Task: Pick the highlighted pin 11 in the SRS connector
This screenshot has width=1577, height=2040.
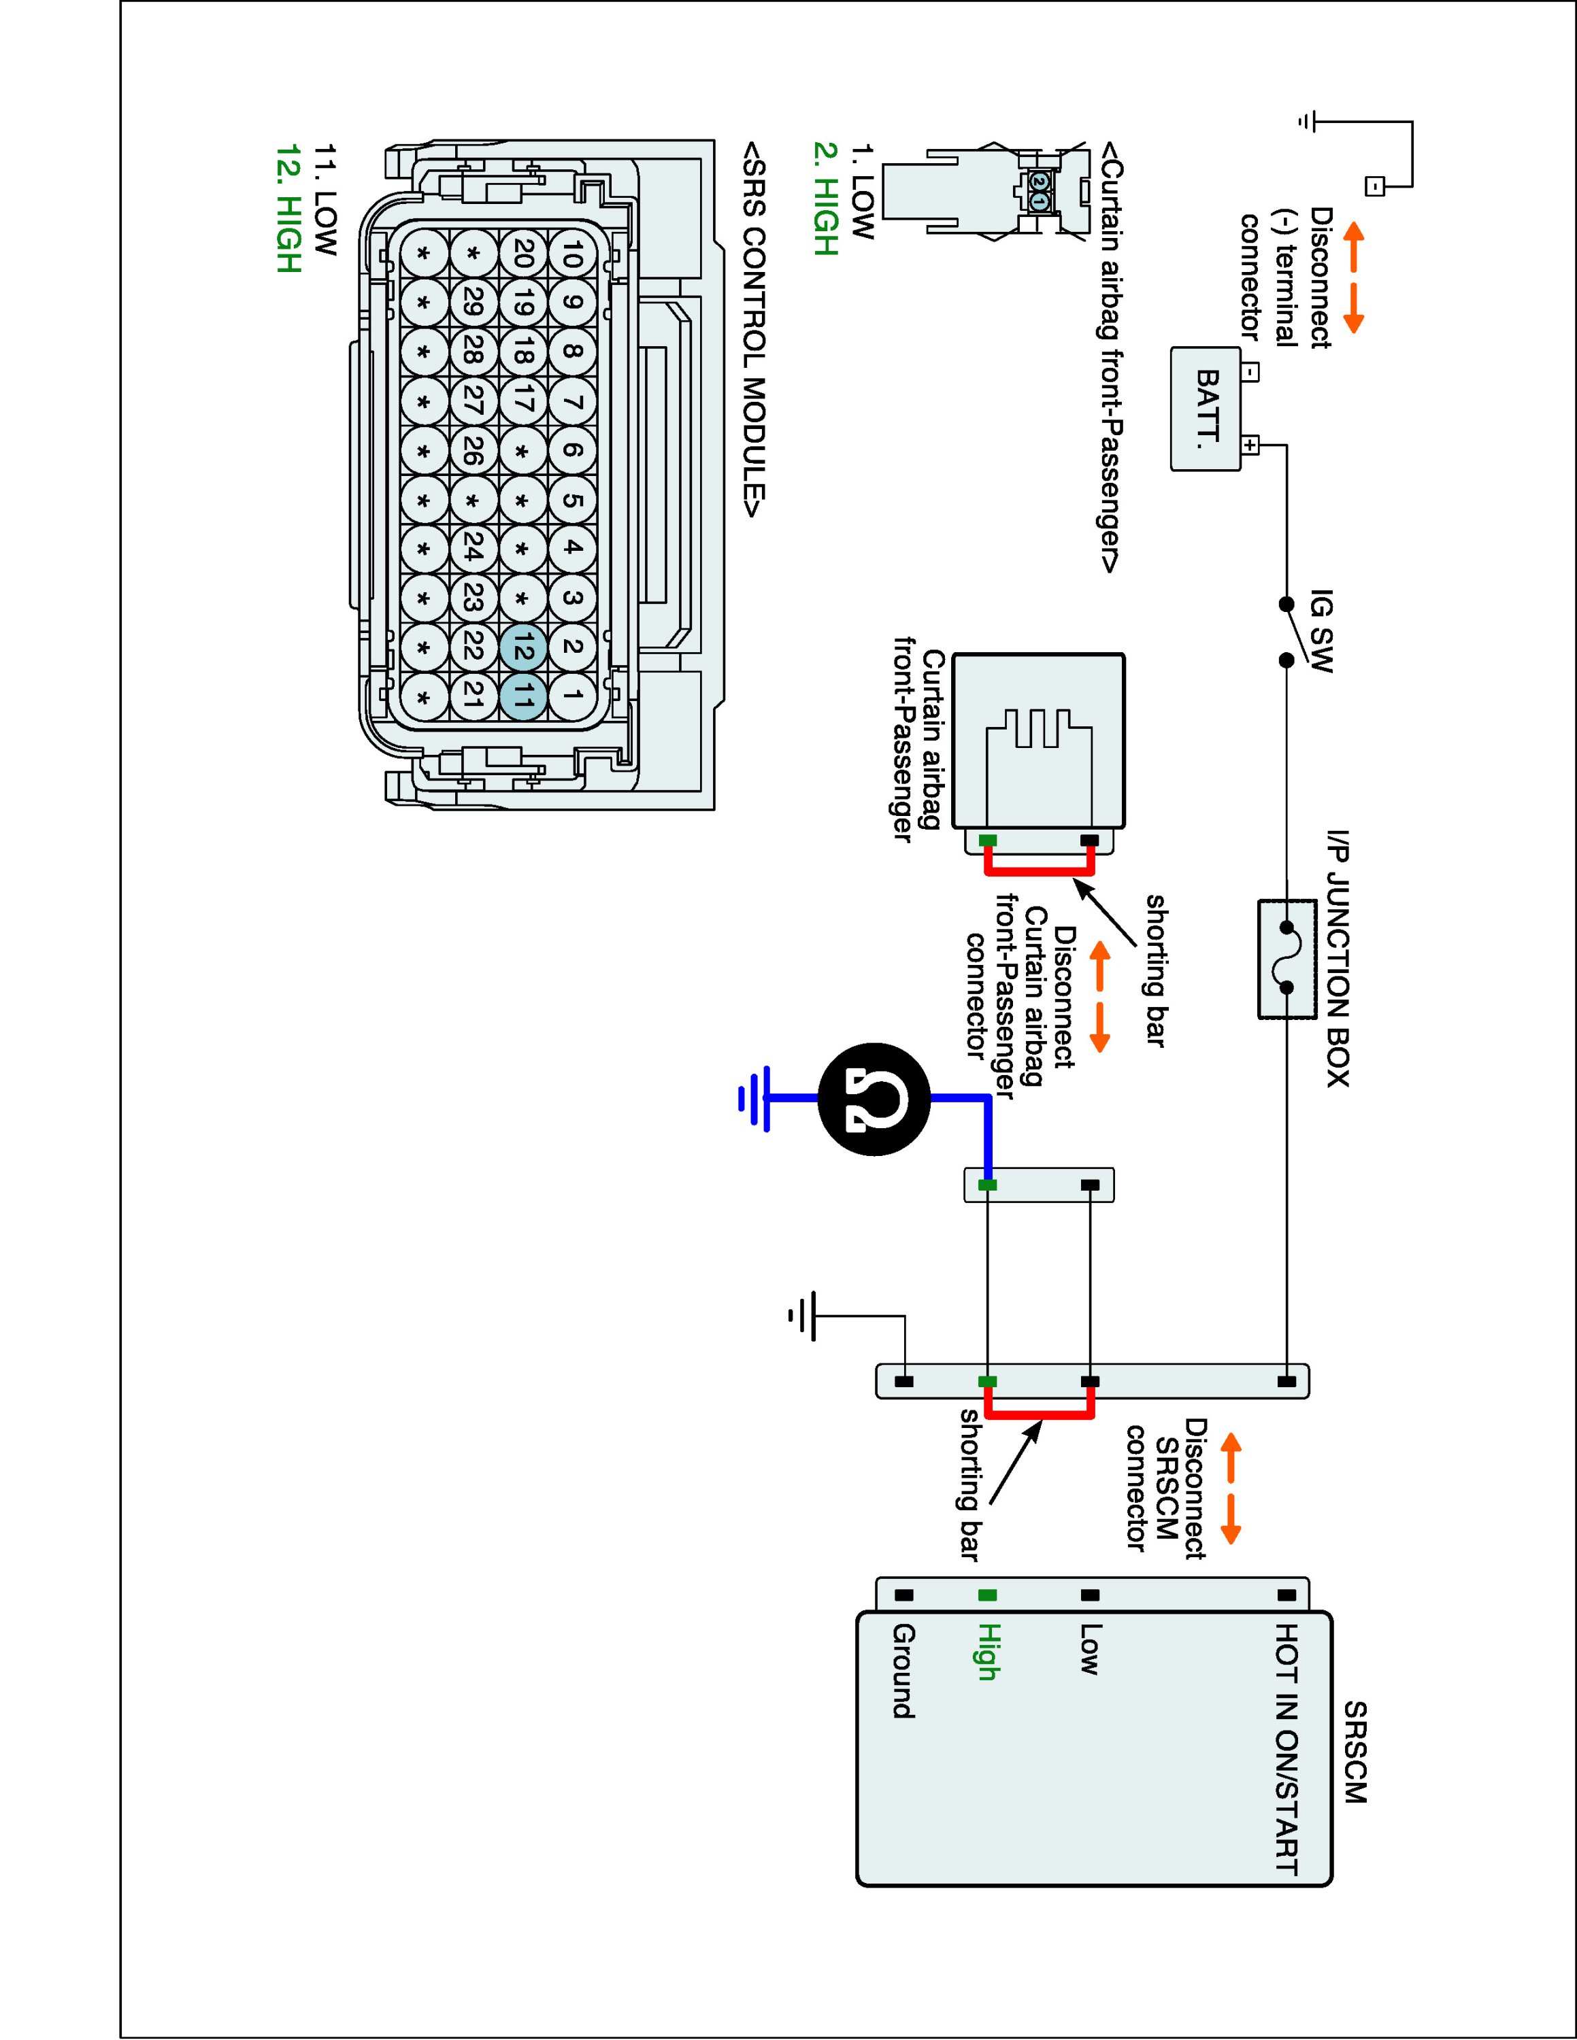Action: [x=523, y=696]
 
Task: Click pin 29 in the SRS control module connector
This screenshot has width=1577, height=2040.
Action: [x=473, y=303]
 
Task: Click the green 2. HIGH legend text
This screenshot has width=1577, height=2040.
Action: [x=826, y=197]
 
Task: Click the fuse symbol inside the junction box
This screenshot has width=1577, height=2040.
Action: [x=1286, y=957]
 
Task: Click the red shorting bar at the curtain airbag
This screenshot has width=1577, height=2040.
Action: [x=1039, y=872]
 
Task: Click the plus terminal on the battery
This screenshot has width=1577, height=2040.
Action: [x=1250, y=445]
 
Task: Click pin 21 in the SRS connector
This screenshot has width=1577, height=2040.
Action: [x=473, y=696]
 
